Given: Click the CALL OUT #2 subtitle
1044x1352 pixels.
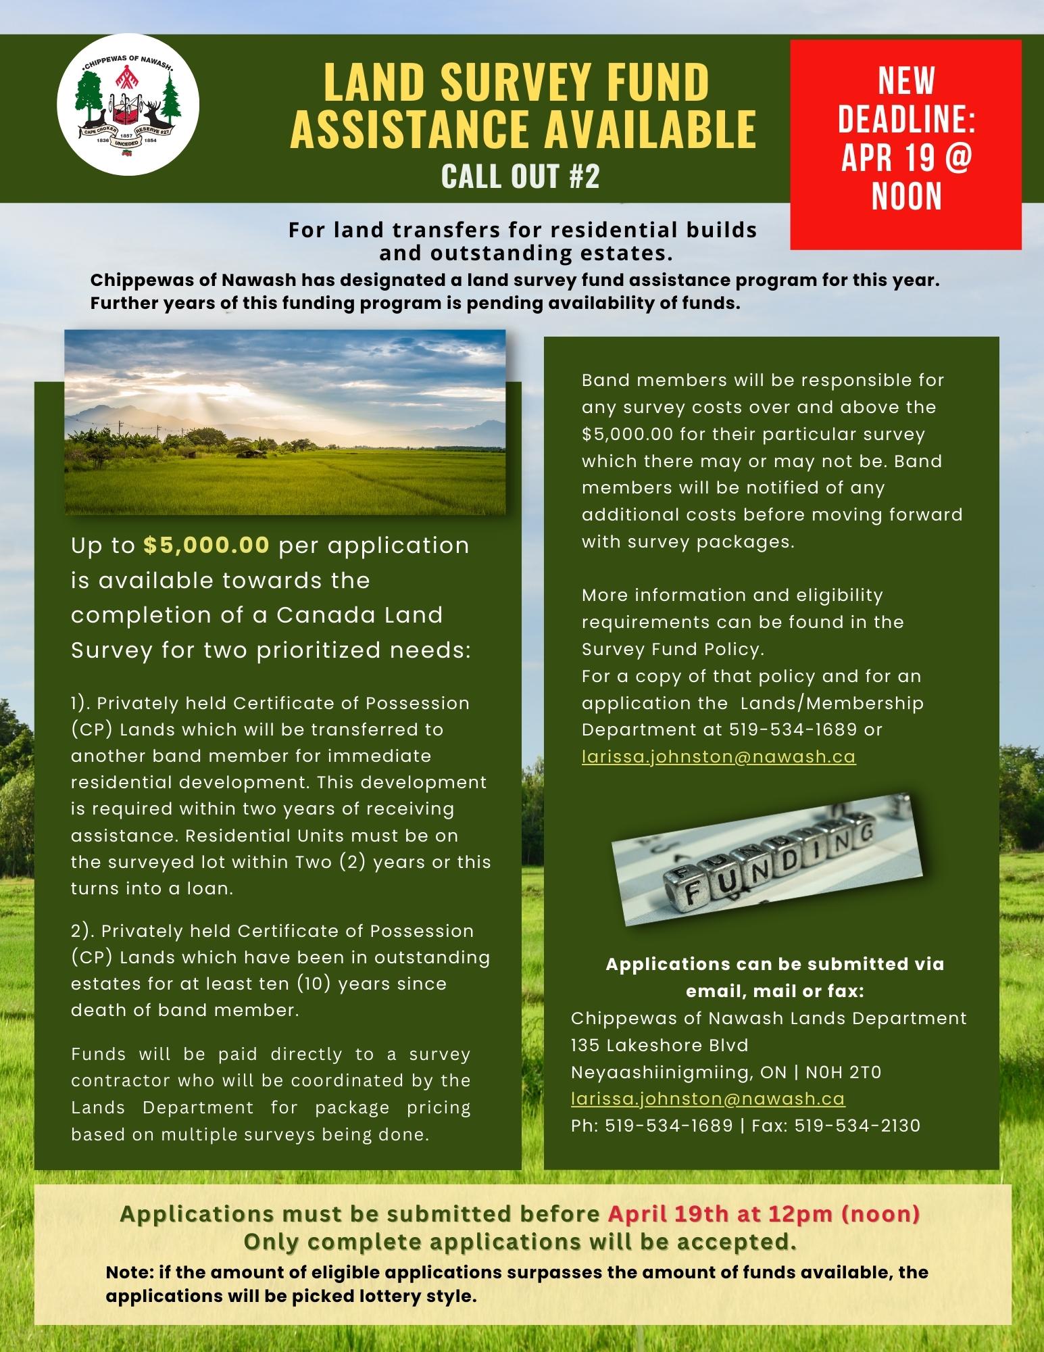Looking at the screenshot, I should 520,176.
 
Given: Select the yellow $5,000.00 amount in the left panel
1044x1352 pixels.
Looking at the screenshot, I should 207,545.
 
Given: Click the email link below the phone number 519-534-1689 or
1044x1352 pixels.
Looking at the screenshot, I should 718,756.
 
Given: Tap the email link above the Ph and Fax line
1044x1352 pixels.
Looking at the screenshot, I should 707,1098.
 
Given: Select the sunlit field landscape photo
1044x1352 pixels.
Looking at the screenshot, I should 284,422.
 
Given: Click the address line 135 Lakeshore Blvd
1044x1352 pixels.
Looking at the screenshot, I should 660,1045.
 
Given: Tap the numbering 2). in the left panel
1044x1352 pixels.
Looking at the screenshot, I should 83,931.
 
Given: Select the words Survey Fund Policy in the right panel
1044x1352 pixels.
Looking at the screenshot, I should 672,649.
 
